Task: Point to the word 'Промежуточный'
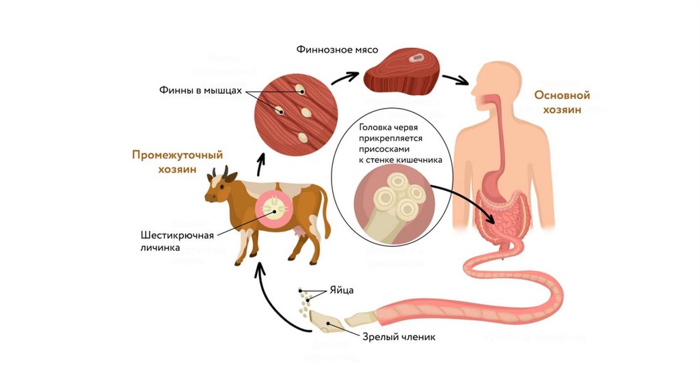click(178, 155)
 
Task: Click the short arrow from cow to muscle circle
click(261, 163)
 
